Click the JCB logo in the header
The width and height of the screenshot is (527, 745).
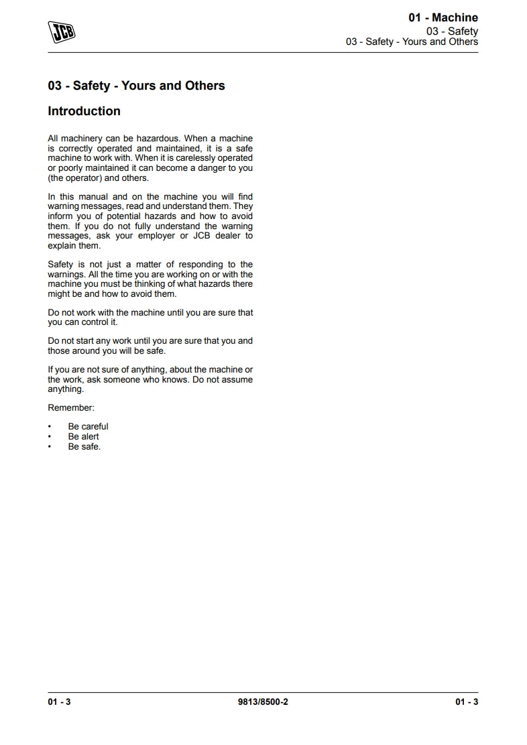click(62, 31)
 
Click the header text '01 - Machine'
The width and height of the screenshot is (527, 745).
click(443, 18)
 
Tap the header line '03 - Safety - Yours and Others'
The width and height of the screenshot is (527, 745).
click(412, 42)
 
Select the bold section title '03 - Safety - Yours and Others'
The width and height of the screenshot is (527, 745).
click(136, 86)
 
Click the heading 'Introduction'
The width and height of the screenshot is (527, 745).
click(84, 111)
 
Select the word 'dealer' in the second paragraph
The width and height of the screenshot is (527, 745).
click(226, 236)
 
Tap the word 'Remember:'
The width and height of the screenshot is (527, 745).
click(71, 407)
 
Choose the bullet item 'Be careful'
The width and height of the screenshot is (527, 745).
click(88, 427)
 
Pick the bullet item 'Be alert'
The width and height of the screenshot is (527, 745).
click(83, 437)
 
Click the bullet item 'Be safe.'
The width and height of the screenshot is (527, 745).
click(84, 447)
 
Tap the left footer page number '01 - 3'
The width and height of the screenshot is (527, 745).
click(59, 702)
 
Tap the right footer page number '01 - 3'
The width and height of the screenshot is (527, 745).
click(467, 702)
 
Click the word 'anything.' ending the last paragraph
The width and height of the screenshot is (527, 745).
click(66, 389)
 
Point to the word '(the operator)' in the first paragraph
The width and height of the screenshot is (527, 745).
click(74, 178)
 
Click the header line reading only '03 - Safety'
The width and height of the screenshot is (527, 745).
click(452, 31)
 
